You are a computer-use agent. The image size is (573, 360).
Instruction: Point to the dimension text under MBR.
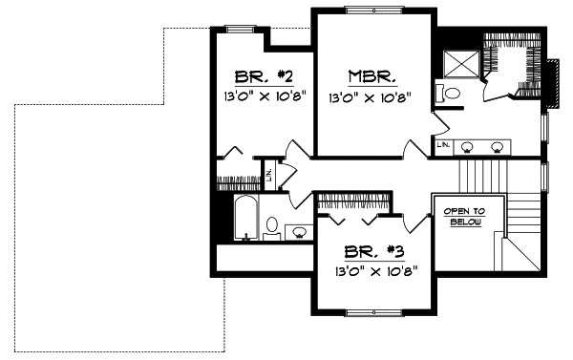coord(371,97)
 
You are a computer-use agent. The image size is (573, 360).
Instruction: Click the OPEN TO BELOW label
coord(464,216)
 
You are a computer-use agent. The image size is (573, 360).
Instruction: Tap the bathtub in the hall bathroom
coord(245,219)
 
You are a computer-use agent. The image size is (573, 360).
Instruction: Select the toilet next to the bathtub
coord(273,227)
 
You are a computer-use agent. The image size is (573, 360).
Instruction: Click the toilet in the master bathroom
coord(449,94)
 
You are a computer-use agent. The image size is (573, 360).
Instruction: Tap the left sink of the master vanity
coord(468,147)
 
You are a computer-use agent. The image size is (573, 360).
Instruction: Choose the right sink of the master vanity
coord(497,147)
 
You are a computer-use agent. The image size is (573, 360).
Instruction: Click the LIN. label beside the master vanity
coord(444,145)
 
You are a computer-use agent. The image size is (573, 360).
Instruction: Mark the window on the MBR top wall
coord(373,10)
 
